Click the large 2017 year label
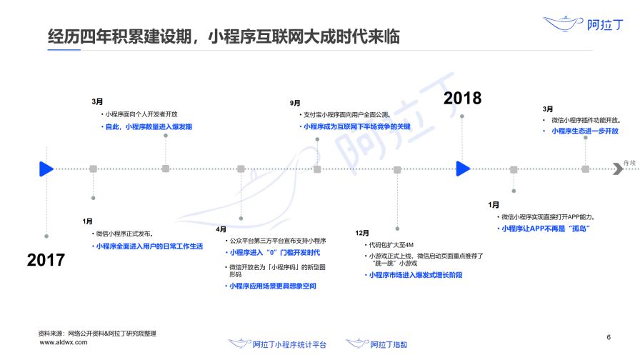46,260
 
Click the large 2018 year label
462,98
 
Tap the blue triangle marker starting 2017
46,169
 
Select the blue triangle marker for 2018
463,169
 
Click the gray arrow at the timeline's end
618,169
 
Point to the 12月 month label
362,233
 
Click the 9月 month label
295,104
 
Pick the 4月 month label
221,229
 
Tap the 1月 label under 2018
494,205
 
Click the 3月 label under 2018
548,109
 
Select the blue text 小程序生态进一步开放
585,131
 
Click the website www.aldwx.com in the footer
64,342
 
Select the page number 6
609,337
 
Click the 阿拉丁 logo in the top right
583,24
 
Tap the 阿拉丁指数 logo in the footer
376,344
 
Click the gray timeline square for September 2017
317,169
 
